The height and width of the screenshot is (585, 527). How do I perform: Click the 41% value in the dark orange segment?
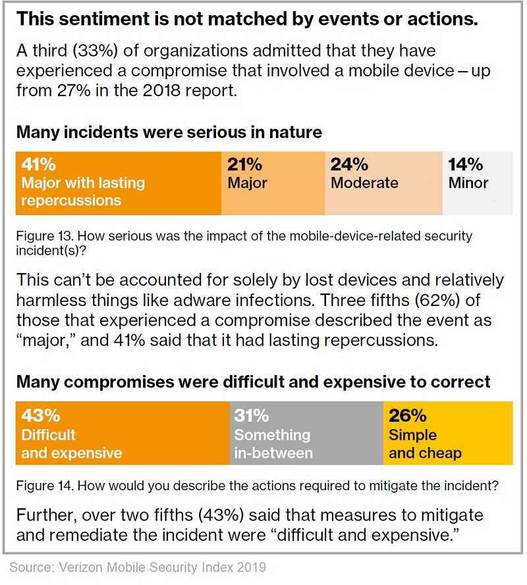pyautogui.click(x=38, y=164)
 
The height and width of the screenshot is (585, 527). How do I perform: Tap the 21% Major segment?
pyautogui.click(x=273, y=183)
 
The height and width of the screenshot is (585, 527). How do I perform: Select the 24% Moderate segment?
pyautogui.click(x=383, y=183)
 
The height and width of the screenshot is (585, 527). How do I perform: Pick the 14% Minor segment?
pyautogui.click(x=478, y=183)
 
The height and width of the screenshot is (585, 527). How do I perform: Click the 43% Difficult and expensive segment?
pyautogui.click(x=123, y=433)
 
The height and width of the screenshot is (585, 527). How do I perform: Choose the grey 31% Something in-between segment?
pyautogui.click(x=306, y=433)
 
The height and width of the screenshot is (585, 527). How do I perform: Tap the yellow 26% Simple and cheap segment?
pyautogui.click(x=448, y=433)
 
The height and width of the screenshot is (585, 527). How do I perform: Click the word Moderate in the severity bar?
pyautogui.click(x=364, y=183)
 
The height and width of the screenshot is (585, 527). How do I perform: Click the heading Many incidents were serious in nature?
pyautogui.click(x=169, y=132)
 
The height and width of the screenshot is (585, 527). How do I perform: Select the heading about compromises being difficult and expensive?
pyautogui.click(x=253, y=382)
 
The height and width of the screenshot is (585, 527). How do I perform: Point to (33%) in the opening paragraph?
pyautogui.click(x=96, y=51)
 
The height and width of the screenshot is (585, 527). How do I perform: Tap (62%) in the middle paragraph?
pyautogui.click(x=437, y=300)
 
